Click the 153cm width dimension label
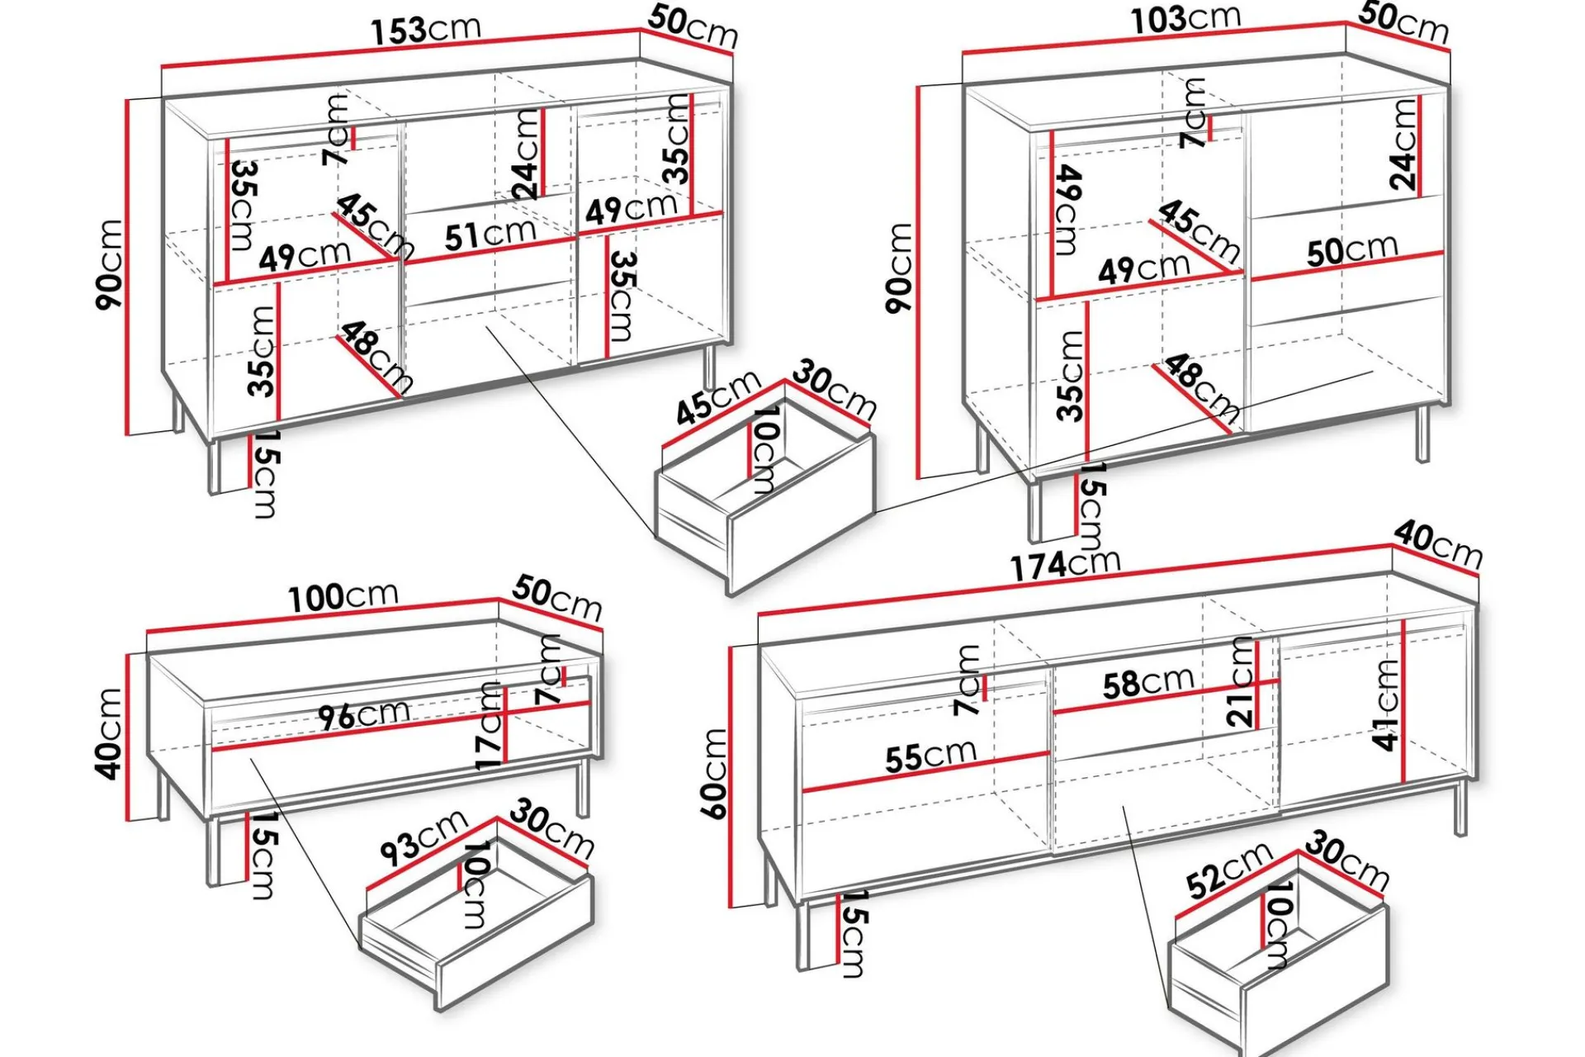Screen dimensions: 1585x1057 pos(426,30)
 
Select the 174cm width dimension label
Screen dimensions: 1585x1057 pos(1066,564)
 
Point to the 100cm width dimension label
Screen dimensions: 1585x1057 pos(343,596)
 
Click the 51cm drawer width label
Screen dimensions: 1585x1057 pos(490,235)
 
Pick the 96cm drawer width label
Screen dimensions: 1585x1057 pos(364,715)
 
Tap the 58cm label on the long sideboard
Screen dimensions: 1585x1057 pos(1148,683)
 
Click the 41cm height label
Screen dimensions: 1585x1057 pos(1386,704)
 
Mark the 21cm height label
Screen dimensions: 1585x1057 pos(1241,682)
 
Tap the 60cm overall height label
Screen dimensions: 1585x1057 pos(714,774)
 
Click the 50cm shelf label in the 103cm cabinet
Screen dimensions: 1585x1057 pos(1352,250)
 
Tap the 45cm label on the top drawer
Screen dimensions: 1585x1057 pos(718,397)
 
